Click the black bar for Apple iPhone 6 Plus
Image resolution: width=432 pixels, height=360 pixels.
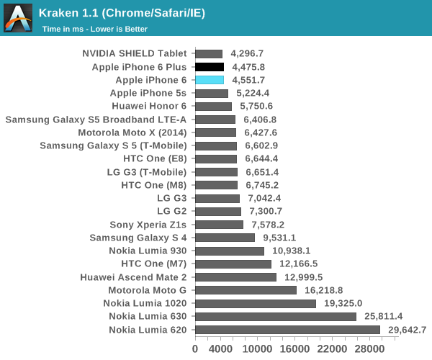point(210,67)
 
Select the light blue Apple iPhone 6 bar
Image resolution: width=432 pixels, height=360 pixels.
point(210,80)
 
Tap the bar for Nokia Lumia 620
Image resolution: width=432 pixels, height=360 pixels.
point(287,330)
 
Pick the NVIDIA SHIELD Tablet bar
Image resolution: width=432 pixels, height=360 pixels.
point(209,53)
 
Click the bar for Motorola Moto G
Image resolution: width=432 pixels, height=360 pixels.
point(246,290)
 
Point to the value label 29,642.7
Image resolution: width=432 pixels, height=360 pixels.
point(406,330)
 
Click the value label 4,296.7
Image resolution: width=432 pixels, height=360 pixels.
point(248,53)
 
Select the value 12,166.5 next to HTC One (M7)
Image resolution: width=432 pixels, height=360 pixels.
point(297,264)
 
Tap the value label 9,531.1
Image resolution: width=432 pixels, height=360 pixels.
point(280,238)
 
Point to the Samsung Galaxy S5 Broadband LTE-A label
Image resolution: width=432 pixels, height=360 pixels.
point(96,120)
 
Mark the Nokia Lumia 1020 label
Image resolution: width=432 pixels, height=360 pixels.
point(145,303)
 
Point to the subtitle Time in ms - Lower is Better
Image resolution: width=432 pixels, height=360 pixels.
point(94,30)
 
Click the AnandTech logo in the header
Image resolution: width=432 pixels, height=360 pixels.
point(18,18)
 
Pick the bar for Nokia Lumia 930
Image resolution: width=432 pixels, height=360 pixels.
point(230,251)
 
